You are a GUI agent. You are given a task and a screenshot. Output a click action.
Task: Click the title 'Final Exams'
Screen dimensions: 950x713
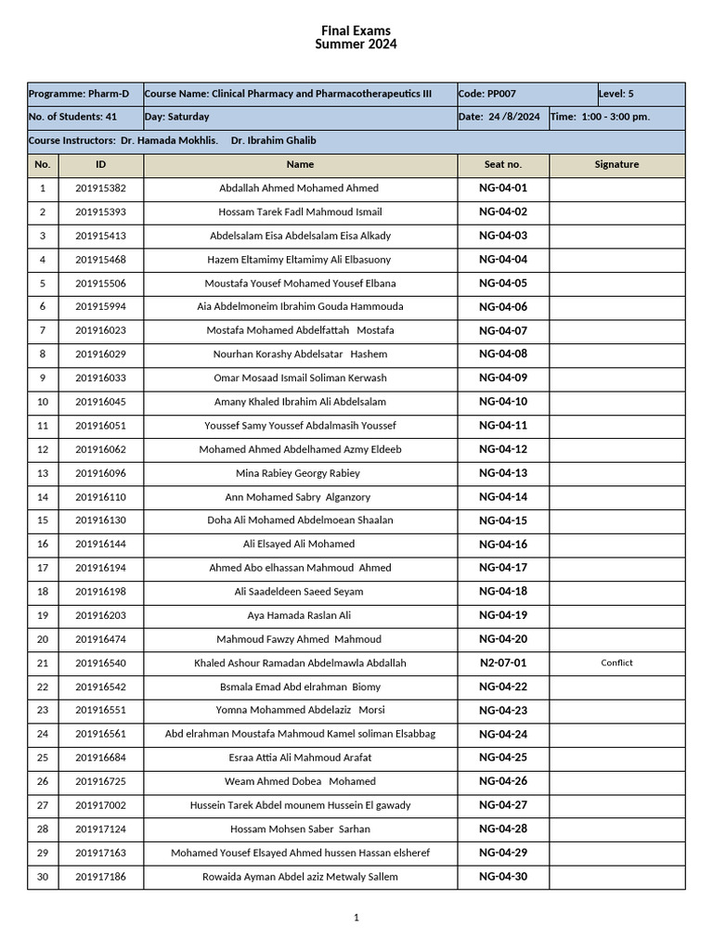point(356,31)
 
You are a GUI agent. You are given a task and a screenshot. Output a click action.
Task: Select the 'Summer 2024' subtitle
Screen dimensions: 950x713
point(356,45)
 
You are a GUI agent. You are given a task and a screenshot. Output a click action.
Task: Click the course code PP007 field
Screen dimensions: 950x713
point(487,94)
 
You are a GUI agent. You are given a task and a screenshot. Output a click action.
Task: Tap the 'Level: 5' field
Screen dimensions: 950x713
point(616,94)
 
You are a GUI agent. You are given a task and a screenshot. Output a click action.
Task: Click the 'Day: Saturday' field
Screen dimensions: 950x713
point(177,117)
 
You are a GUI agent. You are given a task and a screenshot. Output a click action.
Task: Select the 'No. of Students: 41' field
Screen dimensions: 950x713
point(72,117)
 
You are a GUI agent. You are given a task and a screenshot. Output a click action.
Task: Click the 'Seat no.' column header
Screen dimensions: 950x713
point(503,164)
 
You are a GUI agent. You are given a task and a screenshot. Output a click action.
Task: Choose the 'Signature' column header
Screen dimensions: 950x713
point(616,164)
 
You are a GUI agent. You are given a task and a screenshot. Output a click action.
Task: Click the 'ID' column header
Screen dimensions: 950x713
point(100,164)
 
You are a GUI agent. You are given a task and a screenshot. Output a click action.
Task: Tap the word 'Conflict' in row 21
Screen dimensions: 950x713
point(616,662)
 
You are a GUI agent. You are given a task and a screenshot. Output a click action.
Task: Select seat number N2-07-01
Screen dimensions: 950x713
point(503,662)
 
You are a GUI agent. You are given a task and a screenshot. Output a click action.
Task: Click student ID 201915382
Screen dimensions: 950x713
point(100,188)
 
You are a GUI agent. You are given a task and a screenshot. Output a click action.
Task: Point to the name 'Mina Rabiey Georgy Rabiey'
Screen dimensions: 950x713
point(298,473)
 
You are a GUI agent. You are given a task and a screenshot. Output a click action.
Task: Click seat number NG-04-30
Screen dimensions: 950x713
point(503,877)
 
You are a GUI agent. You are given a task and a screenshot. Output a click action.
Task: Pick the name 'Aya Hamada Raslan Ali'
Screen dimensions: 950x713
point(299,615)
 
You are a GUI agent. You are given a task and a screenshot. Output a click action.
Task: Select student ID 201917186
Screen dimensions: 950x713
point(100,877)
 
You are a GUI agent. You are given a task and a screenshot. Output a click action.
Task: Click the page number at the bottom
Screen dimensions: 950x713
point(356,918)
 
